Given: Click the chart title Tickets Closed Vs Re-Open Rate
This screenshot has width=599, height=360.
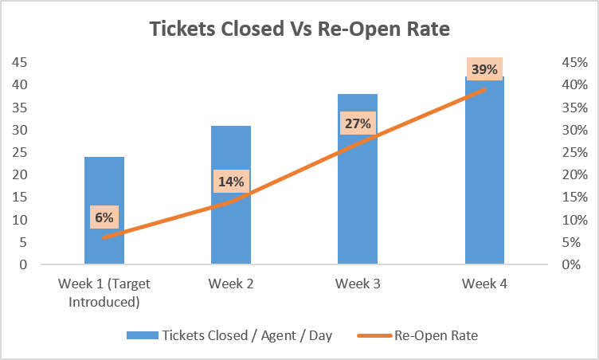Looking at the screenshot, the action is pyautogui.click(x=299, y=29).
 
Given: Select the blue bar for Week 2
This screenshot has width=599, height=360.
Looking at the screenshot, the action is pyautogui.click(x=231, y=195).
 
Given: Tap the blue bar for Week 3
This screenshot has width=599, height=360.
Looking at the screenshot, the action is pyautogui.click(x=358, y=179).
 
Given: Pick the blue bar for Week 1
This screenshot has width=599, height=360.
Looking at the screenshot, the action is pyautogui.click(x=104, y=210).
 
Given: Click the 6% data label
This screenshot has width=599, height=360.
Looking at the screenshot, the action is pyautogui.click(x=104, y=217).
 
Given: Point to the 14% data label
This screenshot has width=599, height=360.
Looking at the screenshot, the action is pyautogui.click(x=231, y=181).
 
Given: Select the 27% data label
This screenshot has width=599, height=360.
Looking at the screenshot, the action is pyautogui.click(x=358, y=123).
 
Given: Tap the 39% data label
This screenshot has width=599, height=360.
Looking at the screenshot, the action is pyautogui.click(x=485, y=69).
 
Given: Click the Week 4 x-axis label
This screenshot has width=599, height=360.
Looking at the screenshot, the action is pyautogui.click(x=484, y=284).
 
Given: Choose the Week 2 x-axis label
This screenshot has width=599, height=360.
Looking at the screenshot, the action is pyautogui.click(x=231, y=284).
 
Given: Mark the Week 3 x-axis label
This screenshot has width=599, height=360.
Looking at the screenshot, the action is pyautogui.click(x=358, y=284).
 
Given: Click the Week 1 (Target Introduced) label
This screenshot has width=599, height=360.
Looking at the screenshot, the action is pyautogui.click(x=104, y=293).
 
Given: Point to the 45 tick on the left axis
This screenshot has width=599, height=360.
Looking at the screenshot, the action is pyautogui.click(x=20, y=62).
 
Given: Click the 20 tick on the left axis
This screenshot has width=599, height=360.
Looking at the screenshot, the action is pyautogui.click(x=20, y=174).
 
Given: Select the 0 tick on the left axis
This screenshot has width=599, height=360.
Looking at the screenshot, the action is pyautogui.click(x=24, y=264).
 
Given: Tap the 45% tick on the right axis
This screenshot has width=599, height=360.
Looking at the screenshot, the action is pyautogui.click(x=574, y=62).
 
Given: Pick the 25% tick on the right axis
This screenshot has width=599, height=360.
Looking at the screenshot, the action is pyautogui.click(x=574, y=152).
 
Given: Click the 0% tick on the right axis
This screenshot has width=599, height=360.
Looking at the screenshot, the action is pyautogui.click(x=571, y=264).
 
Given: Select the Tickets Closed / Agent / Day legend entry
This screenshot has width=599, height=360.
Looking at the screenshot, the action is pyautogui.click(x=229, y=335).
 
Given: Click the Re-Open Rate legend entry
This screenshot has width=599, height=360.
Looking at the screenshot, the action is pyautogui.click(x=417, y=335).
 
